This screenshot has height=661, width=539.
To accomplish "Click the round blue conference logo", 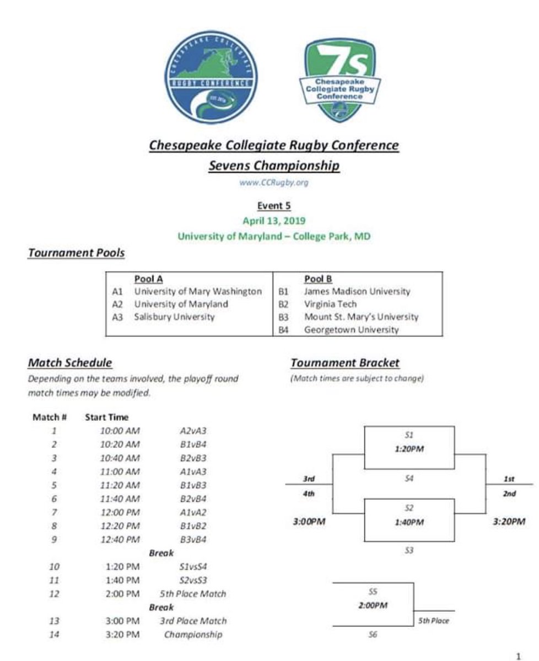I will [x=211, y=77].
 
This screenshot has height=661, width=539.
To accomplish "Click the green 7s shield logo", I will [x=339, y=80].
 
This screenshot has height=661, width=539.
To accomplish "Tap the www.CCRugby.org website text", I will [x=273, y=183].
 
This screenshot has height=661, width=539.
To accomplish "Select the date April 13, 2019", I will [x=274, y=221].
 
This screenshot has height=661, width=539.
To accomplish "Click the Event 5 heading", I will [x=274, y=206].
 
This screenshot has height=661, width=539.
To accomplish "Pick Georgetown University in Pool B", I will [x=351, y=329].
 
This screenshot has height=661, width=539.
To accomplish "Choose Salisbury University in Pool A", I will [x=174, y=317].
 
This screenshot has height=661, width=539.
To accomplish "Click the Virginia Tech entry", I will [x=330, y=304].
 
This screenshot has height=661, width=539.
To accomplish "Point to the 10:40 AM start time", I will [x=120, y=458].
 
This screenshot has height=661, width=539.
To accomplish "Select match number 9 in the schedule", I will [x=54, y=539].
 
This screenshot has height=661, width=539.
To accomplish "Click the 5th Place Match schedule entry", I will [x=192, y=594].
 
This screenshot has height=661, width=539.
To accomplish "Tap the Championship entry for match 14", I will [x=193, y=635].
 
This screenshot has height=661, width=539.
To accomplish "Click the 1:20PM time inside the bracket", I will [x=409, y=448].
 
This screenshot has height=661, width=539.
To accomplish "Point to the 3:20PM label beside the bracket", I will [x=508, y=522].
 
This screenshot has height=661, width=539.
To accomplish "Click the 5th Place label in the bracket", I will [x=433, y=621].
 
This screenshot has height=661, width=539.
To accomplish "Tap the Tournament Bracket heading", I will [x=344, y=363].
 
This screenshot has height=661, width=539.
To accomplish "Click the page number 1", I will [x=518, y=655].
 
